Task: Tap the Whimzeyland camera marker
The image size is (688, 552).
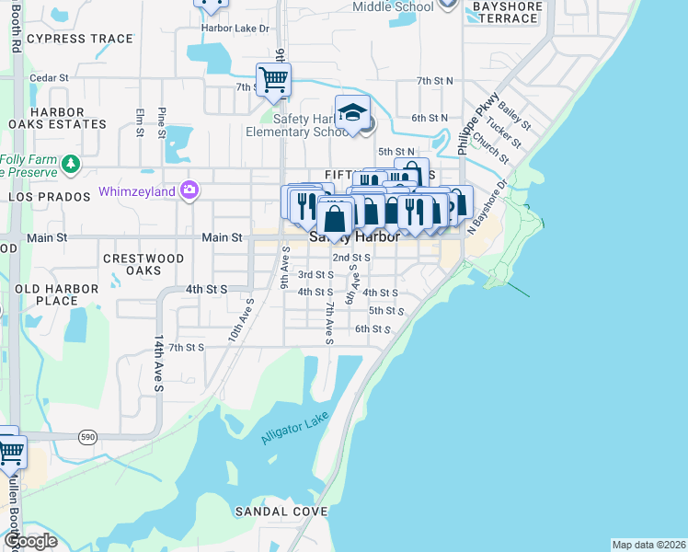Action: pos(190,190)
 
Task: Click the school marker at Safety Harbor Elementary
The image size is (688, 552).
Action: pos(351,113)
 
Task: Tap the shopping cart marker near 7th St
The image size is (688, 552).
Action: pos(273,79)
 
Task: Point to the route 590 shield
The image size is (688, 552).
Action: pos(87,435)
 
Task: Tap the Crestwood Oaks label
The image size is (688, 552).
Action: pos(144,265)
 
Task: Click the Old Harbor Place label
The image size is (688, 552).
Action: pos(57,294)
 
